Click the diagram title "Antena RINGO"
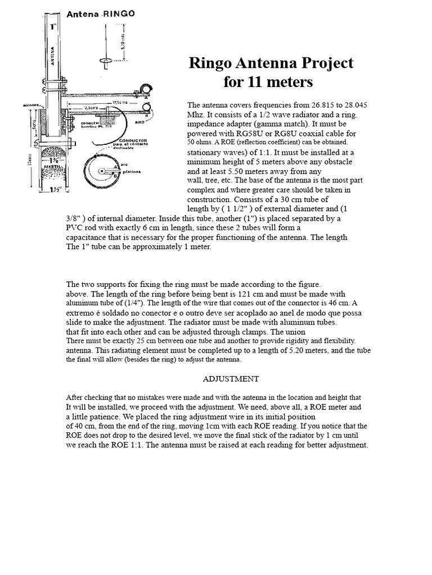[101, 15]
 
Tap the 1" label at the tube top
[54, 26]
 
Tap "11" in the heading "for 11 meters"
[254, 82]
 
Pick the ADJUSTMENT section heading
[231, 378]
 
